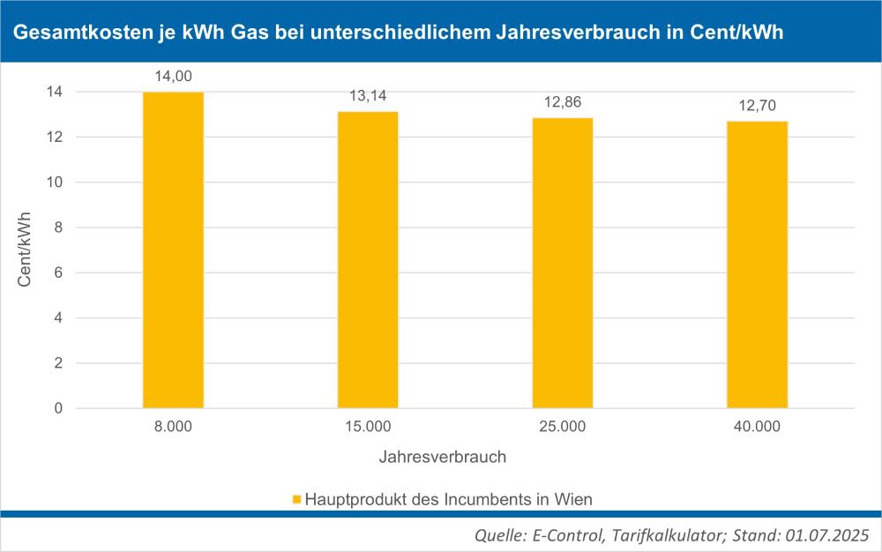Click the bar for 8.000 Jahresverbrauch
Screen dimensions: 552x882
click(x=173, y=250)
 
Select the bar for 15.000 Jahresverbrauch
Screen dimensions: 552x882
click(x=368, y=260)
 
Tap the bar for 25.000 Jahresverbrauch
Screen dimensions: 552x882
click(x=562, y=263)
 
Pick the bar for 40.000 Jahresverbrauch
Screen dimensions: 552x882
click(x=757, y=265)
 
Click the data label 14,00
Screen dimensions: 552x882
click(x=173, y=77)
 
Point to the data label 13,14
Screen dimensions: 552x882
click(x=368, y=96)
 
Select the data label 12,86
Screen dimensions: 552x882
click(x=562, y=102)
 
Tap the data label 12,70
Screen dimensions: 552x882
click(x=757, y=106)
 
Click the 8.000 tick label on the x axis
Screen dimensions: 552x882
click(x=173, y=428)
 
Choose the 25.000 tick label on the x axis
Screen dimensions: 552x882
click(x=562, y=428)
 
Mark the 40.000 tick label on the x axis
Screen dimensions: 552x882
click(x=757, y=428)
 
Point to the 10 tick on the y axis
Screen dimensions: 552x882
click(x=55, y=183)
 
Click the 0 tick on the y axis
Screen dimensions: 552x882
click(x=58, y=409)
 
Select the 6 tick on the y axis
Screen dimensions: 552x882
click(x=58, y=273)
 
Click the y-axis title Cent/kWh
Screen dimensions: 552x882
click(x=26, y=250)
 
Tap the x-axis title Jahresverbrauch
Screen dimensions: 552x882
click(x=443, y=458)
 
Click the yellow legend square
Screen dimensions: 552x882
click(x=296, y=500)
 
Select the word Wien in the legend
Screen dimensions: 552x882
click(x=573, y=499)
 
